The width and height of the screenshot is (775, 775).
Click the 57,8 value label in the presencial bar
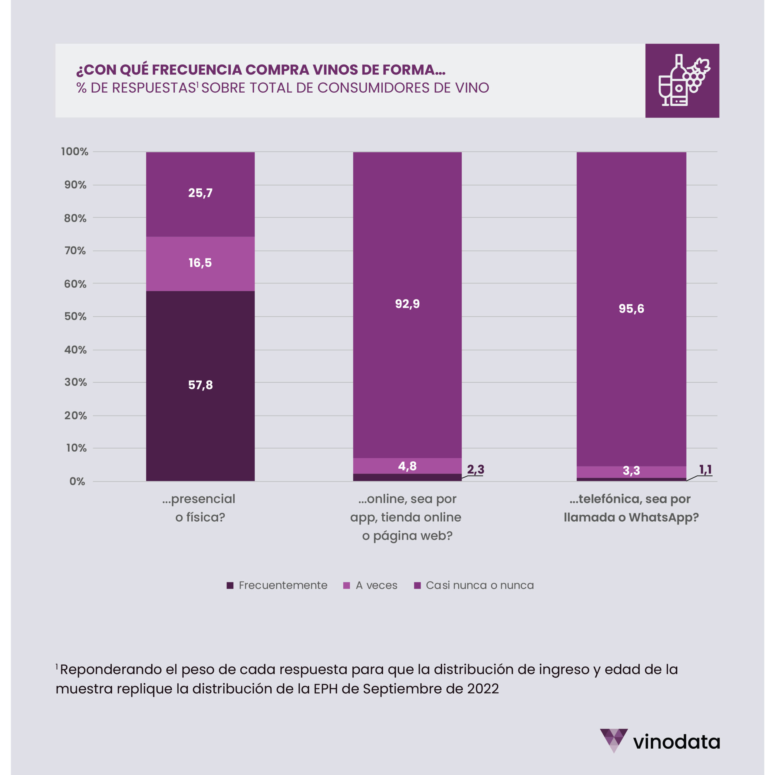[x=200, y=385]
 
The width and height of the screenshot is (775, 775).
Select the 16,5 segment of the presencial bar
[x=200, y=263]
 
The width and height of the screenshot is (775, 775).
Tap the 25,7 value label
[x=200, y=193]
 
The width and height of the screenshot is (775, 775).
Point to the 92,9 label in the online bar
[x=407, y=304]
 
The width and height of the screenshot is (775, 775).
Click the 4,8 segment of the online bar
[x=407, y=466]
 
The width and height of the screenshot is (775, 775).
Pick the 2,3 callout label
[x=475, y=469]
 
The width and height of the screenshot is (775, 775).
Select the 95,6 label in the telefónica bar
[x=631, y=308]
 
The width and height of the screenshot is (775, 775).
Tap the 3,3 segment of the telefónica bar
[x=631, y=471]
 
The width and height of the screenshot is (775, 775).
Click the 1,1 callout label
[x=705, y=469]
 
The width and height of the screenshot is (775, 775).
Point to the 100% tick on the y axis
[x=74, y=152]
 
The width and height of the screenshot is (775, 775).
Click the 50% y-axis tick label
[x=75, y=316]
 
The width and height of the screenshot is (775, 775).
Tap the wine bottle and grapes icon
[x=682, y=81]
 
